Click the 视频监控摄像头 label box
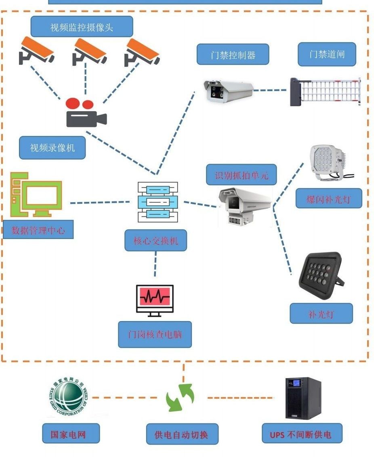click(x=82, y=27)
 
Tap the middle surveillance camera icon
click(x=89, y=51)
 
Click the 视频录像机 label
click(x=53, y=148)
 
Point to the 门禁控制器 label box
click(x=233, y=55)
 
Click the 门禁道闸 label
click(x=327, y=54)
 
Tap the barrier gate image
click(x=325, y=92)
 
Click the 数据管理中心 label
click(x=38, y=230)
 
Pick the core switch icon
click(x=158, y=201)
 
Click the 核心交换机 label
click(x=155, y=241)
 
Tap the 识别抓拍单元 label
click(x=241, y=175)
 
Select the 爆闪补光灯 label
click(x=328, y=199)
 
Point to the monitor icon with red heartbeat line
click(x=155, y=300)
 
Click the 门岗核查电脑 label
click(x=155, y=334)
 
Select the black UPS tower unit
click(x=303, y=398)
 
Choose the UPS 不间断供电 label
click(x=302, y=434)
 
